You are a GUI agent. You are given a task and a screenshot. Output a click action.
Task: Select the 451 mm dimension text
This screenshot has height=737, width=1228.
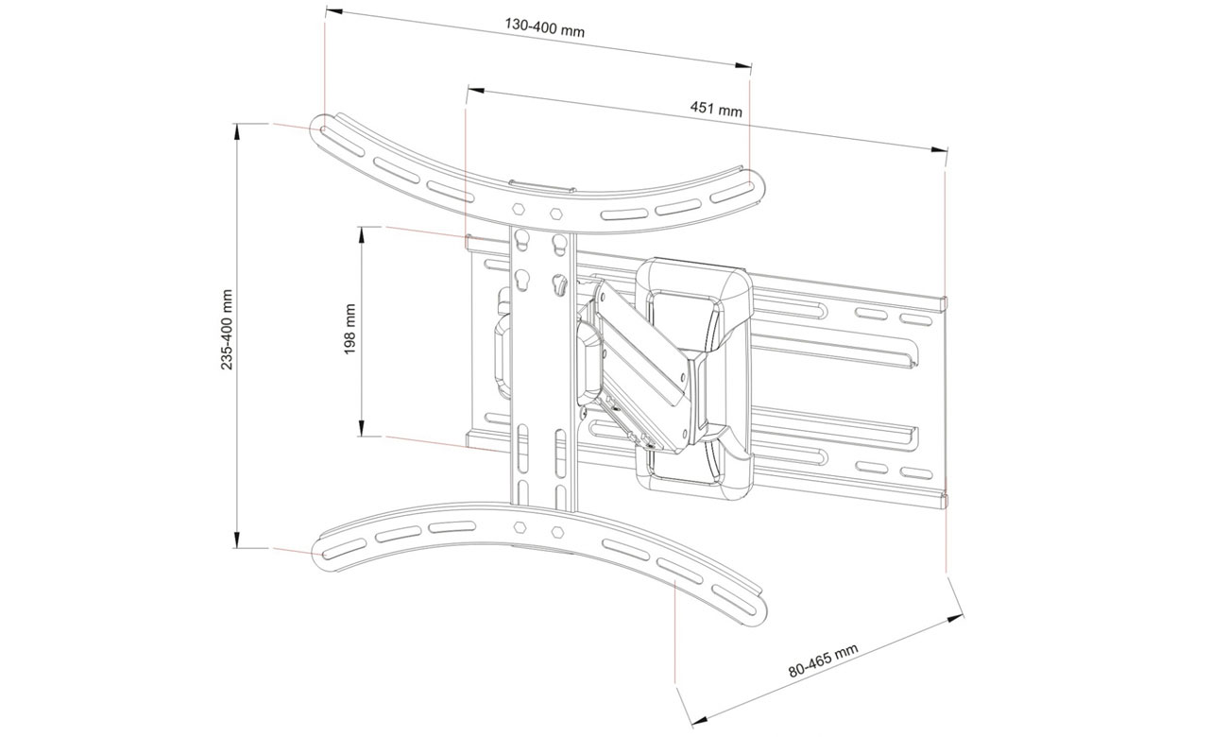coord(716,110)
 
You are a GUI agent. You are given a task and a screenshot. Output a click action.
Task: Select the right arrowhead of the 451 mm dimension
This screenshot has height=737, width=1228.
coord(938,149)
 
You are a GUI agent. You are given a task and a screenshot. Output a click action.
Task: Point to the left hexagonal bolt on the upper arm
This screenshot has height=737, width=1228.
coord(519,208)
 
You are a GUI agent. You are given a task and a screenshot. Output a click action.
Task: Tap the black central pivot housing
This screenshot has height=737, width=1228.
coord(693,373)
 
